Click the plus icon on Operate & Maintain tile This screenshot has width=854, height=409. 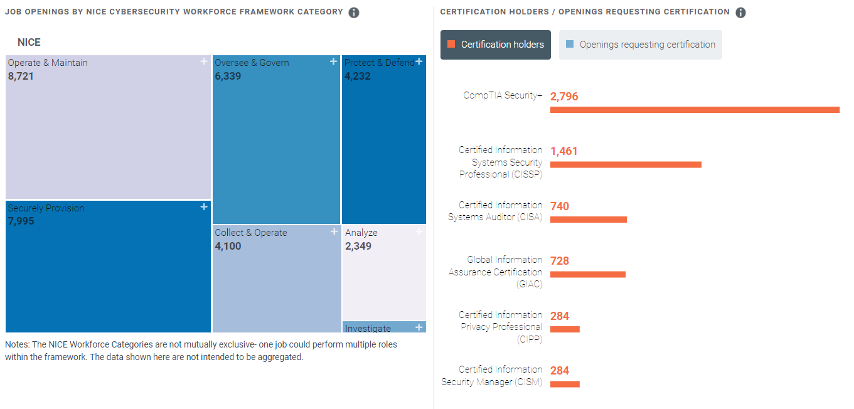tap(203, 61)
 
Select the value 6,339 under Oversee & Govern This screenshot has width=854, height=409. tap(228, 77)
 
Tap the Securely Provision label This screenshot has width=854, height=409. tap(46, 208)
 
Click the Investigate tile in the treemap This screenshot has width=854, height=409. tap(383, 327)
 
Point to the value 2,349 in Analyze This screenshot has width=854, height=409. tap(358, 246)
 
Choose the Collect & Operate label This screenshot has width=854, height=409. tap(250, 233)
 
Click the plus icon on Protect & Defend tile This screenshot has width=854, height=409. tap(419, 61)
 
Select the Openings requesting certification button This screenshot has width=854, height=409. tap(640, 45)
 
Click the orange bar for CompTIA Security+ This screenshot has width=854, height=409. tap(694, 110)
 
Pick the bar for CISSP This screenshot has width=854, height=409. tap(625, 164)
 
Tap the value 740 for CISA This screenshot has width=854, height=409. tap(560, 206)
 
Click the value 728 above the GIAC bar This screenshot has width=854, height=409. tap(560, 261)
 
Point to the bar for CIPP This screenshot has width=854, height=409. tap(565, 329)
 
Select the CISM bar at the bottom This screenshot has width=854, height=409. tap(565, 384)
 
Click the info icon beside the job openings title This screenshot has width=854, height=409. tap(354, 13)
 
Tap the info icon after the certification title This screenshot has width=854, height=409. tap(740, 13)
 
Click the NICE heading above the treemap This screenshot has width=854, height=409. tap(29, 43)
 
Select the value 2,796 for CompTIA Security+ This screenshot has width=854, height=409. tap(564, 97)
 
